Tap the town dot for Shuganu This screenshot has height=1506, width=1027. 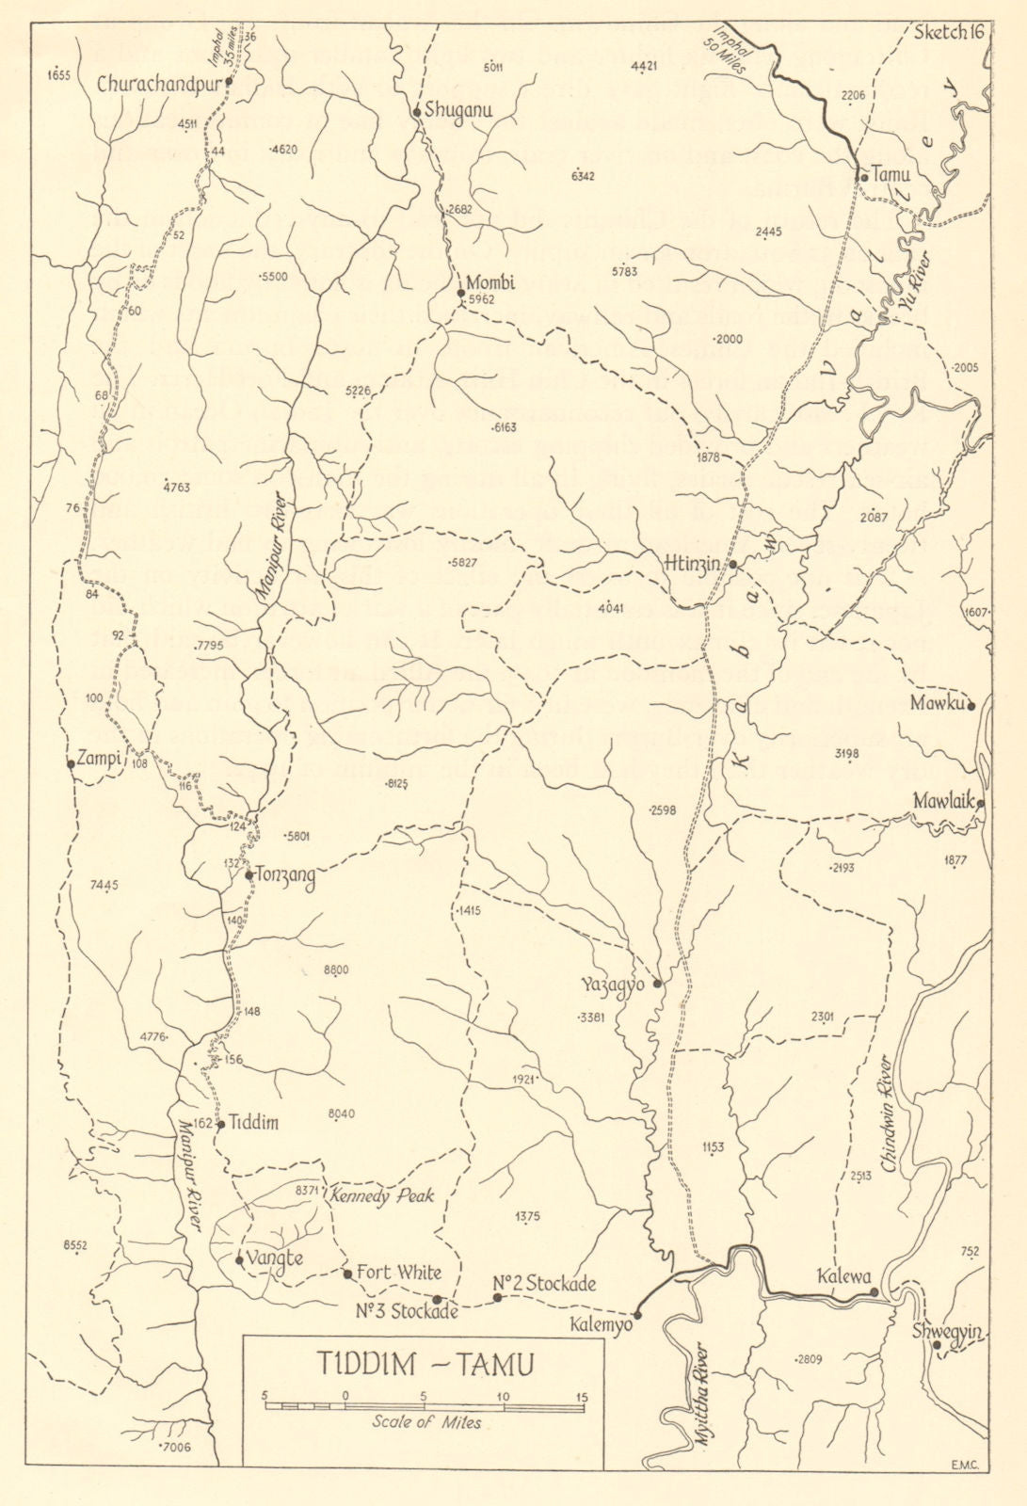[415, 113]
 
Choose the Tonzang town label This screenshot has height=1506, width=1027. [284, 874]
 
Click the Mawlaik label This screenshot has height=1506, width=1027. [944, 801]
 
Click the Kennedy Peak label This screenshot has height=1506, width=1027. [381, 1196]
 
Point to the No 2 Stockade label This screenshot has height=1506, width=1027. [545, 1283]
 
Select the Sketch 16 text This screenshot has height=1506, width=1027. [949, 31]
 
